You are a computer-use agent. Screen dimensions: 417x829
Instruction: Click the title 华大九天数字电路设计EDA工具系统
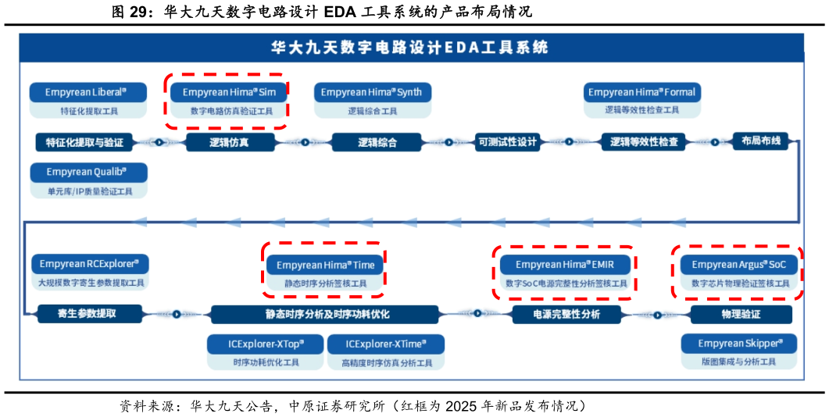click(409, 48)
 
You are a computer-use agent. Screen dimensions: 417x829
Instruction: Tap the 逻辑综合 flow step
click(377, 142)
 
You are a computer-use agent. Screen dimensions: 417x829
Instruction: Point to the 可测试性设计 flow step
click(508, 142)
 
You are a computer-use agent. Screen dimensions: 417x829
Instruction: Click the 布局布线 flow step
click(760, 142)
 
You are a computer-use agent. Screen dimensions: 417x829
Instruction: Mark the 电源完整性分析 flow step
click(566, 314)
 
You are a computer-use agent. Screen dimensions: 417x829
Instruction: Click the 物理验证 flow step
click(741, 314)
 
